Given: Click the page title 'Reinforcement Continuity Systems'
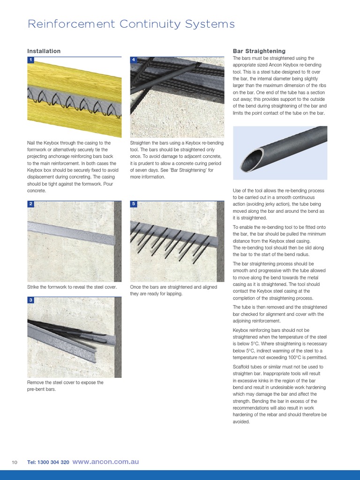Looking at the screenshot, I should click(131, 24).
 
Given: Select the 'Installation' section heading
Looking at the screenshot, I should click(44, 51).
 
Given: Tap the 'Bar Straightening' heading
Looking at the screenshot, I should click(259, 51).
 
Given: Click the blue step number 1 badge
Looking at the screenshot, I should click(30, 60).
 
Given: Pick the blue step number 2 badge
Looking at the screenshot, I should click(30, 204).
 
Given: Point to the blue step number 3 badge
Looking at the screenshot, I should click(30, 300).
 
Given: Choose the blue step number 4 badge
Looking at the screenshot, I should click(134, 60).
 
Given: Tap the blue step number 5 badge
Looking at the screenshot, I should click(134, 204).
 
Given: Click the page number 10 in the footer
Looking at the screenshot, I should click(15, 462).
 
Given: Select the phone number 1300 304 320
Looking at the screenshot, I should click(48, 462).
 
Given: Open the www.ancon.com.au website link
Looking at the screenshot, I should click(106, 462).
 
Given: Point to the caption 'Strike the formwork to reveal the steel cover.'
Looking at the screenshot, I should click(72, 287).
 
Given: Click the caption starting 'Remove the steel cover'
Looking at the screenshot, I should click(65, 386).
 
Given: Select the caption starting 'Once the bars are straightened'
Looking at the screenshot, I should click(173, 290).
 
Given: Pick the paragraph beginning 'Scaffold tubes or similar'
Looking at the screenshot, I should click(280, 394).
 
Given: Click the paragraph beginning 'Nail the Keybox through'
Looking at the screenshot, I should click(73, 166).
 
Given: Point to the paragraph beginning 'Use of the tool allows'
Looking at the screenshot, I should click(280, 204).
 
